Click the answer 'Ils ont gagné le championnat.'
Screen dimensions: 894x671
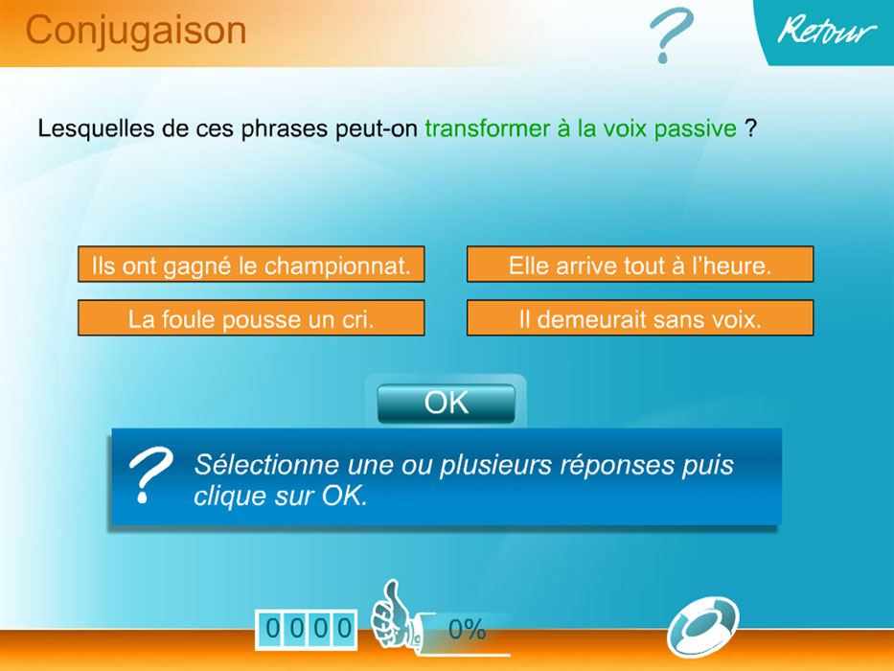[251, 265]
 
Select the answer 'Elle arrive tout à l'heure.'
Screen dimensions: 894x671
[640, 265]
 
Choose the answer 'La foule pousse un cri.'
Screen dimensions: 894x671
[251, 318]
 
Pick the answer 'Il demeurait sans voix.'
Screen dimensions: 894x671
[640, 318]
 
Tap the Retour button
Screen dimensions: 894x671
[827, 31]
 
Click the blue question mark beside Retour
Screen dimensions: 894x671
[670, 35]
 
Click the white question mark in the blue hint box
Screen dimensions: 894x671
[149, 474]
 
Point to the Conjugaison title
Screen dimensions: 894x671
[136, 31]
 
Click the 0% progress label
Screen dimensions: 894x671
[467, 630]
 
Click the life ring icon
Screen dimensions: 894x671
[702, 627]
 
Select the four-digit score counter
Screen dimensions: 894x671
[307, 630]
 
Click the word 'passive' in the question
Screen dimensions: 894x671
[696, 128]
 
